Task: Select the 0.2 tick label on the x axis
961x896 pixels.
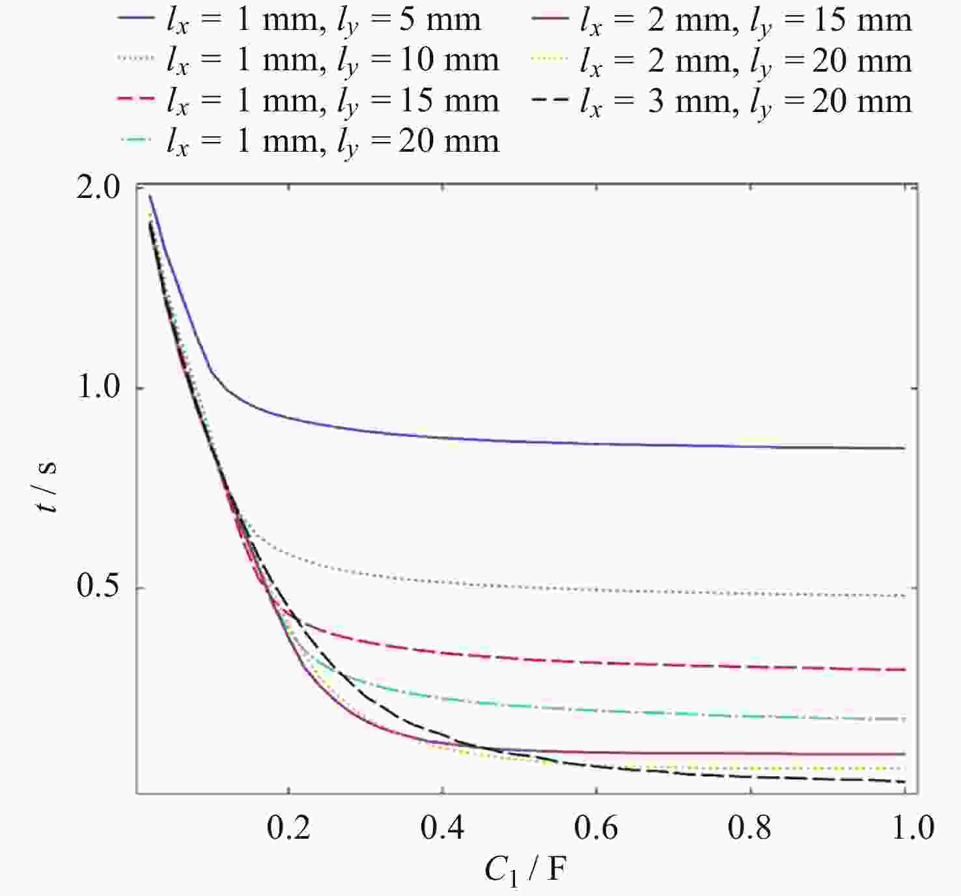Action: pyautogui.click(x=289, y=828)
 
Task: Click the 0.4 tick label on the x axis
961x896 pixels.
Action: pyautogui.click(x=443, y=828)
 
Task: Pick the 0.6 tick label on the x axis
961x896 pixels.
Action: pyautogui.click(x=596, y=828)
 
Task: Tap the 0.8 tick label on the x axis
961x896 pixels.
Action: pyautogui.click(x=750, y=828)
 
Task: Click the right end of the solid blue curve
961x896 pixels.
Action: pyautogui.click(x=904, y=448)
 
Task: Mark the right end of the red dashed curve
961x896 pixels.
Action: pyautogui.click(x=904, y=669)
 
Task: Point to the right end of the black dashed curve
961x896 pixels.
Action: pyautogui.click(x=904, y=781)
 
